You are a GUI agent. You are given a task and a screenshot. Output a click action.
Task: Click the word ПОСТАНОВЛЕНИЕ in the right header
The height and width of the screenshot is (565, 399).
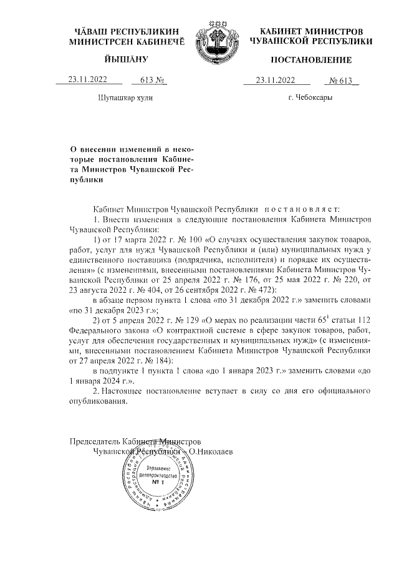[x=310, y=60]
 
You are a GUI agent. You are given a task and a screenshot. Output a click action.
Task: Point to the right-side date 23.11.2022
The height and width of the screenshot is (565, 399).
[x=275, y=80]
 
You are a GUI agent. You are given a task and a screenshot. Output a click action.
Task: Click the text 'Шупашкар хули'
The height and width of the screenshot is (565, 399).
[x=125, y=98]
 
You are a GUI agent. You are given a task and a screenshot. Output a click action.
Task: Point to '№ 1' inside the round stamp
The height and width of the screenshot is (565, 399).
[x=157, y=483]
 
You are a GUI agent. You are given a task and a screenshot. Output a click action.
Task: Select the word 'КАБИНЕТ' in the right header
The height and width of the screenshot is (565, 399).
[x=285, y=31]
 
